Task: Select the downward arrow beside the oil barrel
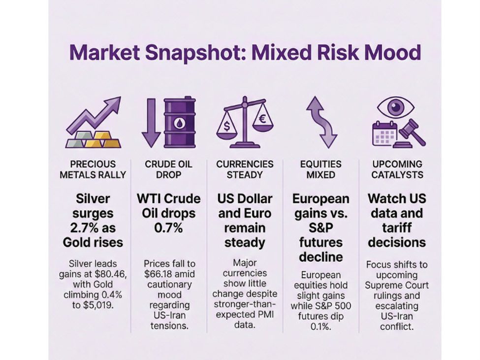(151, 123)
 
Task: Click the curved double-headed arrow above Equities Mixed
(321, 122)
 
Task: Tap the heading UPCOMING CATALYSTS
(397, 169)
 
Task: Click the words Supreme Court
(397, 285)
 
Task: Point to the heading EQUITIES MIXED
(320, 169)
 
